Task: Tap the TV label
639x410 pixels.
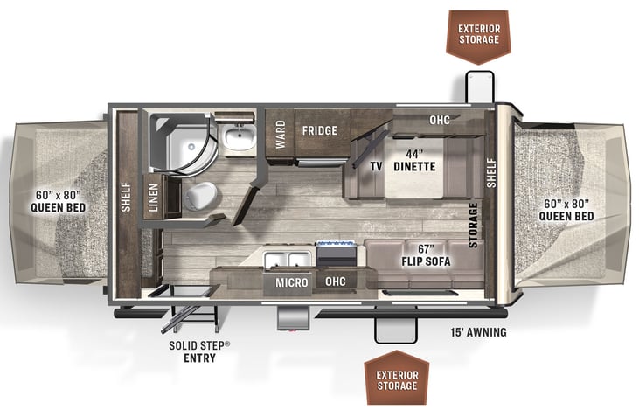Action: click(x=376, y=166)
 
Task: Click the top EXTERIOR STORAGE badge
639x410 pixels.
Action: click(x=480, y=32)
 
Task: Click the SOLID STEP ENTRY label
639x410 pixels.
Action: click(x=201, y=352)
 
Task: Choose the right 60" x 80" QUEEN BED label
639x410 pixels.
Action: click(x=568, y=210)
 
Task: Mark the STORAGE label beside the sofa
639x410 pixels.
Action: click(x=473, y=226)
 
